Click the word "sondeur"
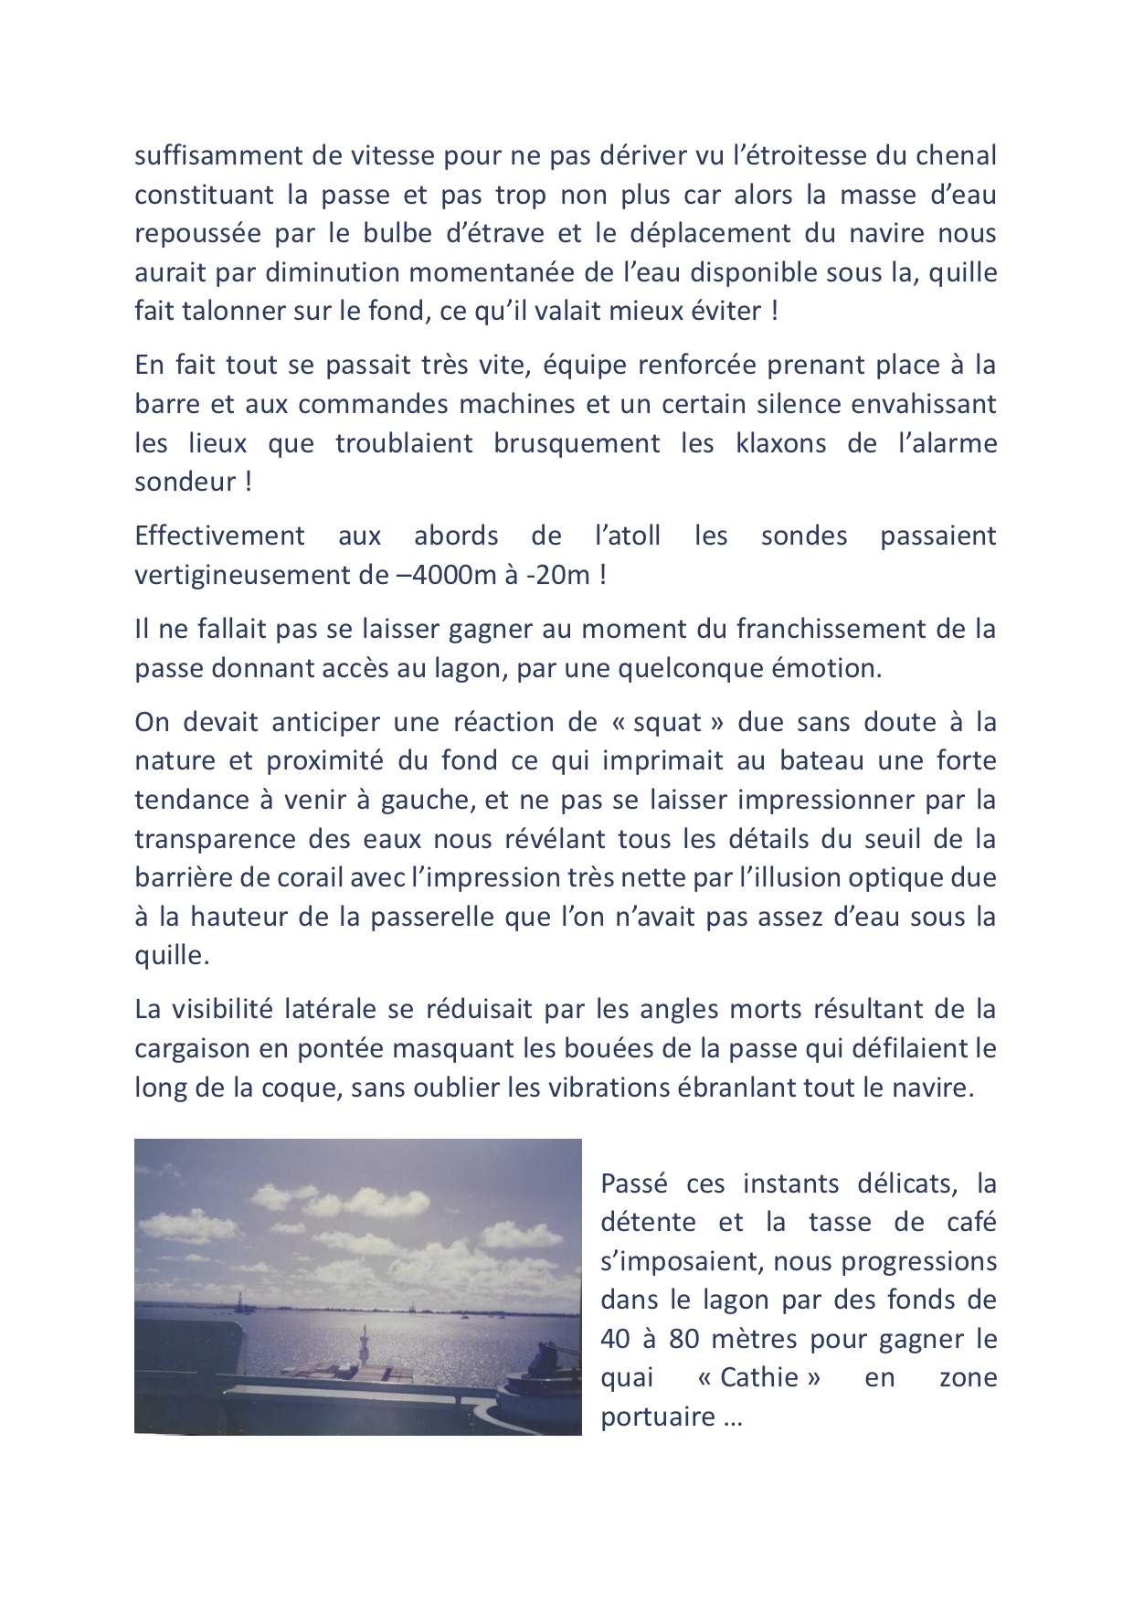[185, 483]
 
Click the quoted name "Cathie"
[758, 1378]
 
